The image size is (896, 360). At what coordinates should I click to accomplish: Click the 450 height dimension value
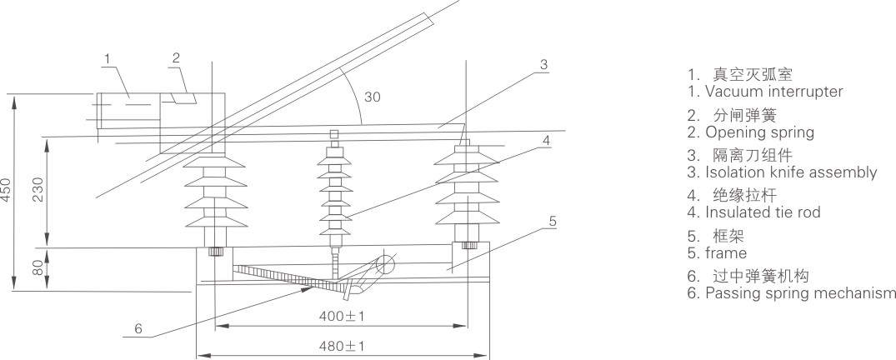click(x=7, y=190)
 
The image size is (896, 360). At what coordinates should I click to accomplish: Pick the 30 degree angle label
click(x=372, y=97)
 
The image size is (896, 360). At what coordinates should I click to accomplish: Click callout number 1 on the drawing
click(x=108, y=57)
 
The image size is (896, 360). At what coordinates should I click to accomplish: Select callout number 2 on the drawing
click(x=176, y=57)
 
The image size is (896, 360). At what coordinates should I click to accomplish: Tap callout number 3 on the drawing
click(x=542, y=64)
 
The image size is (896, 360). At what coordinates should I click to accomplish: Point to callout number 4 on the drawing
click(x=546, y=141)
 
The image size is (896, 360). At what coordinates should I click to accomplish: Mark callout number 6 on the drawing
click(x=138, y=328)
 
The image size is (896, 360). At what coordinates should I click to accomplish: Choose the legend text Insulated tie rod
click(x=763, y=212)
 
